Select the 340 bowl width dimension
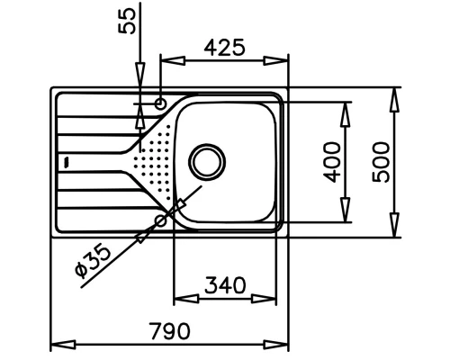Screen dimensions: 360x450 click(x=225, y=285)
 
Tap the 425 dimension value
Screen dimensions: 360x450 click(x=223, y=47)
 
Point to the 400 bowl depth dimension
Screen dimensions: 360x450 click(x=332, y=162)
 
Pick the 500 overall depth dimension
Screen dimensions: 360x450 click(x=381, y=162)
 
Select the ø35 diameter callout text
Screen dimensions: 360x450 click(x=94, y=260)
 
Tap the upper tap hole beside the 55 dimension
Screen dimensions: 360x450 click(x=160, y=103)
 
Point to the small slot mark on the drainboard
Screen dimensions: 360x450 click(x=66, y=163)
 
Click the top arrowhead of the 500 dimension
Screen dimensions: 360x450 click(x=392, y=96)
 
